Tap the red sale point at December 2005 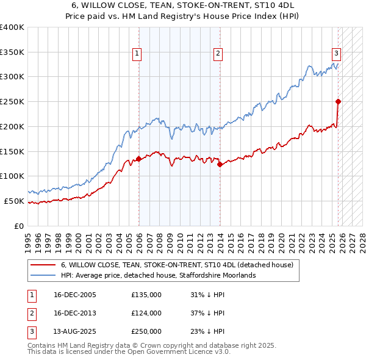pos(138,159)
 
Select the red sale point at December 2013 pos(220,164)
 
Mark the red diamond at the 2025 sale pos(338,101)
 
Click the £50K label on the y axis pos(14,201)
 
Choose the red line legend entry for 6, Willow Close pos(177,265)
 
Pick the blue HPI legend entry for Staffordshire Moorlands pos(159,276)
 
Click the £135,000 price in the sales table pos(146,295)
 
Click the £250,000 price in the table pos(146,331)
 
